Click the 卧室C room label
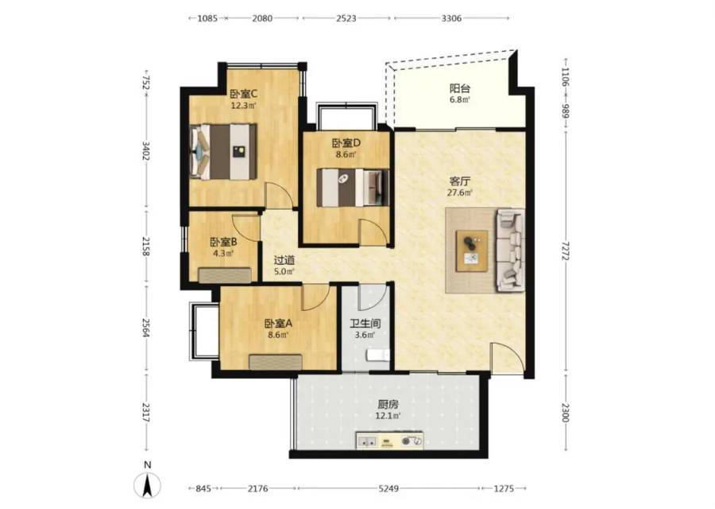(x=244, y=94)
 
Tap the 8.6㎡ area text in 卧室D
(x=346, y=154)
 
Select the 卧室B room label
(x=223, y=242)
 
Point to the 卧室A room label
(x=278, y=324)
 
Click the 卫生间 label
(x=365, y=324)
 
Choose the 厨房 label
(x=388, y=405)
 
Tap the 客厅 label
(x=459, y=181)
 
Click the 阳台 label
(x=460, y=88)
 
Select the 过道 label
(x=284, y=260)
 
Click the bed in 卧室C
(x=223, y=152)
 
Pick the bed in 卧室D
(x=353, y=187)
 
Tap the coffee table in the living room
(x=472, y=251)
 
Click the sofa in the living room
(x=510, y=251)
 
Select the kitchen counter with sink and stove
(x=390, y=441)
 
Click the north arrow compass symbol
(x=147, y=485)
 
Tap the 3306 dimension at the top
(x=451, y=18)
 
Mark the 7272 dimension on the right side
(x=566, y=251)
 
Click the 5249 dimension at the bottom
(x=388, y=489)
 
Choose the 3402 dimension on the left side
(x=146, y=150)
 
